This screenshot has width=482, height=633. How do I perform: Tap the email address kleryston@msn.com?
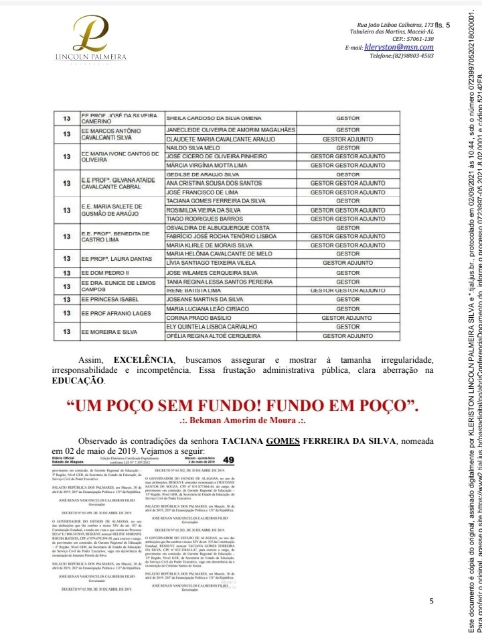click(398, 48)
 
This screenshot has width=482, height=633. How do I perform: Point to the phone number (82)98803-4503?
click(401, 56)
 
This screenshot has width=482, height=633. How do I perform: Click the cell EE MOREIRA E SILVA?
click(110, 331)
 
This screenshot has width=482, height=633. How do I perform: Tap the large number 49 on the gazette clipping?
click(229, 459)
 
